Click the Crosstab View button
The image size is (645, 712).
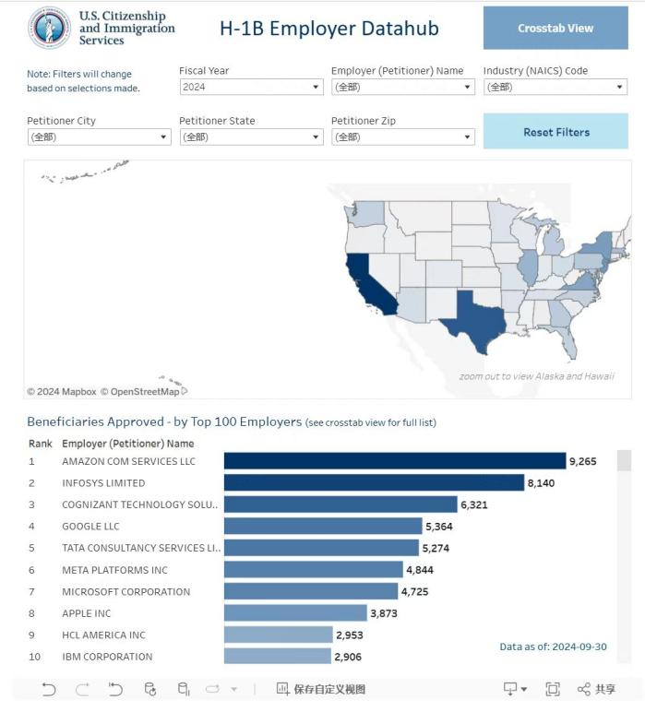tap(555, 29)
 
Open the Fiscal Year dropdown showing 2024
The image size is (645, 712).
tap(250, 87)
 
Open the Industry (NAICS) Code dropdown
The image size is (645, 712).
tap(555, 87)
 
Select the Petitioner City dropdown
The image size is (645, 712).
tap(99, 137)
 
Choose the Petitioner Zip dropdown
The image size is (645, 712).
tap(402, 137)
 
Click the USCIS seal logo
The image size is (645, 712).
tap(49, 28)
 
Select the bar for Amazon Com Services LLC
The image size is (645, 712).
tap(394, 461)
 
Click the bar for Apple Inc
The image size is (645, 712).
tap(295, 613)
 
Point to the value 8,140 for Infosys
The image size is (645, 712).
tap(541, 483)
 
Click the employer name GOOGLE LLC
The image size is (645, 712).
tap(90, 527)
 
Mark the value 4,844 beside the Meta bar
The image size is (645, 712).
tap(422, 570)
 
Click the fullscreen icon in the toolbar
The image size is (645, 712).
tap(553, 689)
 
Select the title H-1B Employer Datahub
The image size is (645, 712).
tap(328, 29)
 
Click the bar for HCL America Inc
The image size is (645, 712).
tap(278, 635)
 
